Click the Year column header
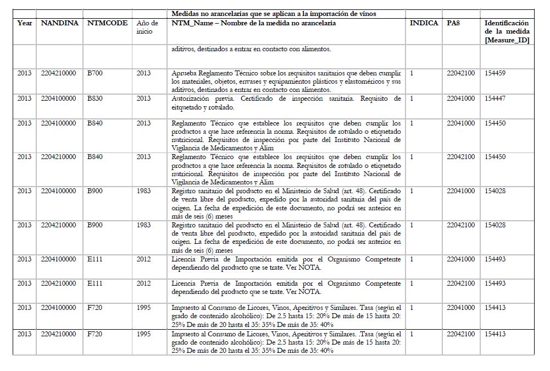click(25, 23)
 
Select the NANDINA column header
click(60, 23)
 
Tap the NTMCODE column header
click(108, 23)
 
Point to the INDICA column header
click(424, 23)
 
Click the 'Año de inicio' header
click(147, 28)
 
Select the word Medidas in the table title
click(186, 14)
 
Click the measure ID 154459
click(495, 73)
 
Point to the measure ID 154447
click(495, 99)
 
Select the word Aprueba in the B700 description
click(184, 73)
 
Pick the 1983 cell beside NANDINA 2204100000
click(143, 191)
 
